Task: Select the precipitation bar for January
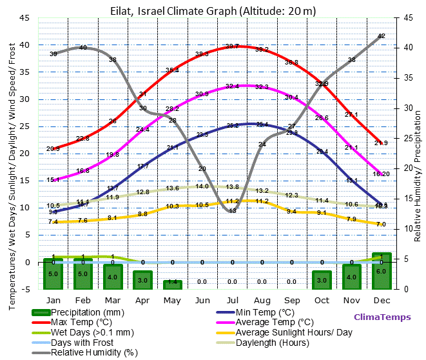(53, 274)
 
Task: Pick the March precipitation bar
(113, 277)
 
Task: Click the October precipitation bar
(322, 280)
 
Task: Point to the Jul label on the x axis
(232, 300)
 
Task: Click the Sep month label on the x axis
(292, 300)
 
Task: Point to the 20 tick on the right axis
(408, 168)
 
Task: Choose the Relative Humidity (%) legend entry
(95, 352)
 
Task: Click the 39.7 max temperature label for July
(232, 46)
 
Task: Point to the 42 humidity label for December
(381, 36)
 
